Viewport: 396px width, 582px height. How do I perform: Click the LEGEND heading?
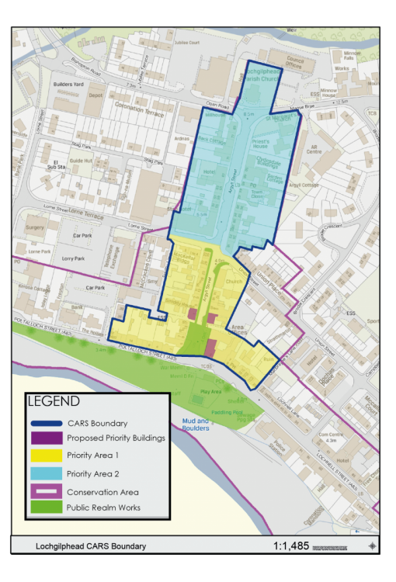(54, 402)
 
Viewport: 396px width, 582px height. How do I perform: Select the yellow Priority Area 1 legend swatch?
(46, 455)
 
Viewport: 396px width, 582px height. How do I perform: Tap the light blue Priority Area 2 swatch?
(46, 473)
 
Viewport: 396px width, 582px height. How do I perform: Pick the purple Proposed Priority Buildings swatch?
(46, 438)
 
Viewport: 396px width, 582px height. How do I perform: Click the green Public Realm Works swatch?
(46, 508)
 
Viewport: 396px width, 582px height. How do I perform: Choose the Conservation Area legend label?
(102, 490)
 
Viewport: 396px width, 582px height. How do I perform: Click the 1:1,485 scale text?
(290, 546)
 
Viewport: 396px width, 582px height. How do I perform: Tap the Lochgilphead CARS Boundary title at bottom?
(90, 546)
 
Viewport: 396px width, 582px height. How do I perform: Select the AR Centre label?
(314, 148)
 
